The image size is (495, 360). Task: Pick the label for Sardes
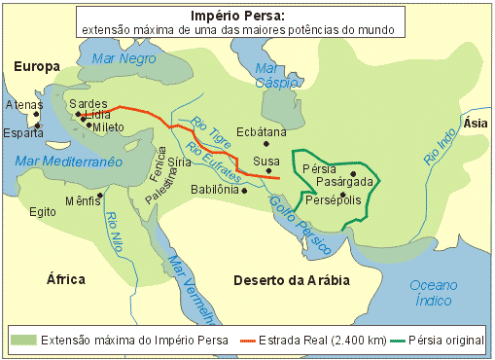(88, 103)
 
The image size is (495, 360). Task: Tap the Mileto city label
(109, 126)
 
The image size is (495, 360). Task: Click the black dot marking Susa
(268, 171)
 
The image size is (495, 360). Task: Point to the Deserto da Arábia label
(292, 280)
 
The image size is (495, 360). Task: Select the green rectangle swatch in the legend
(23, 340)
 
